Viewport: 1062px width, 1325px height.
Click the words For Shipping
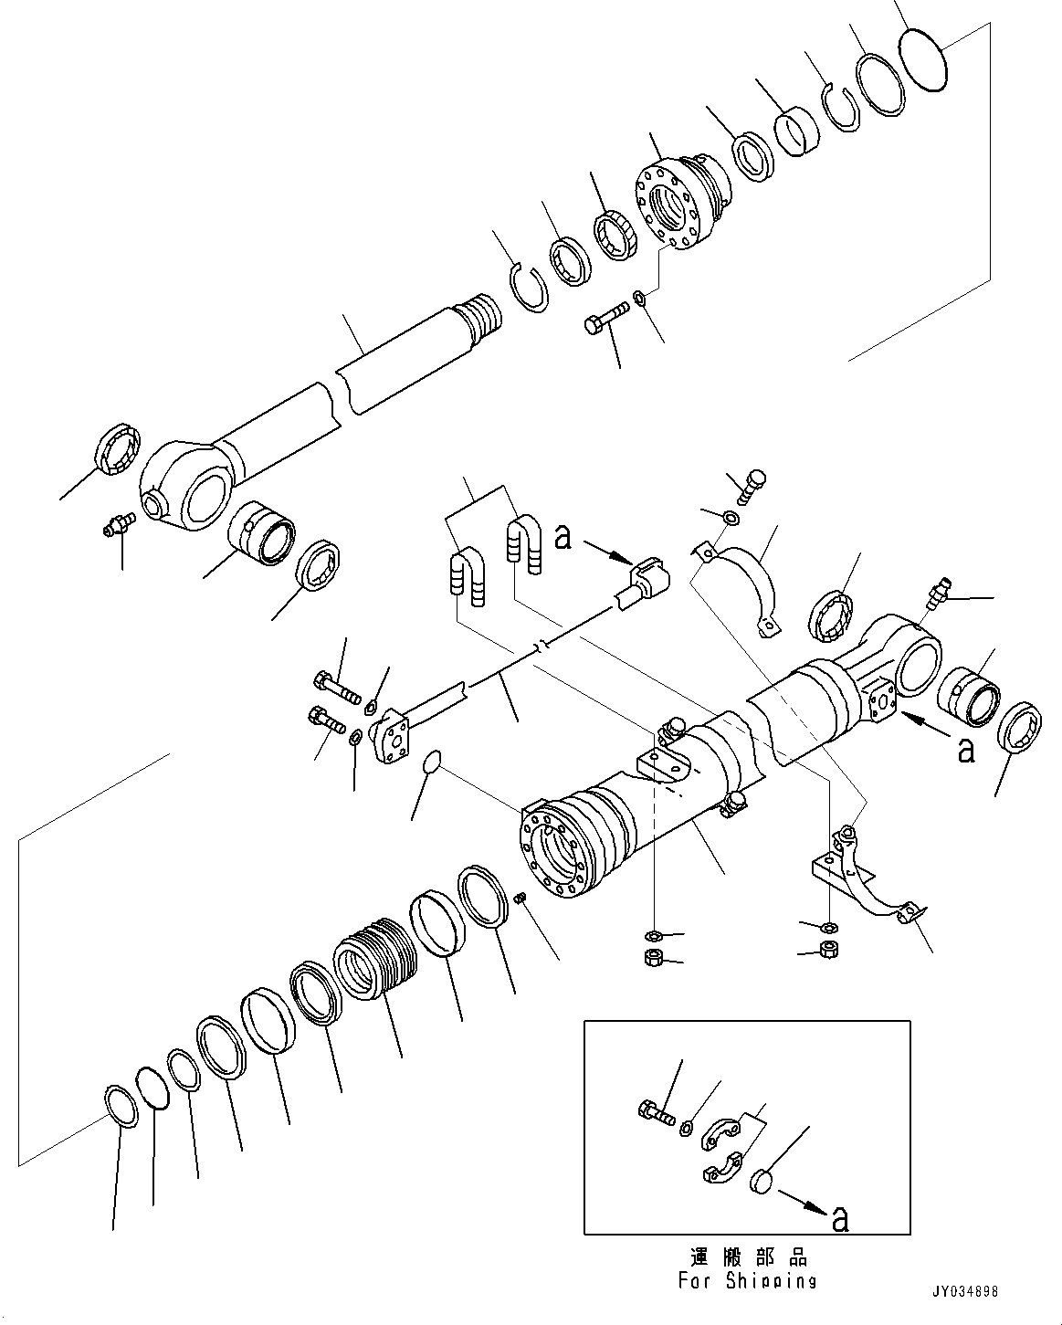747,1280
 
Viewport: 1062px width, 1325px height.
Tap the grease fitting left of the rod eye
119,524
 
